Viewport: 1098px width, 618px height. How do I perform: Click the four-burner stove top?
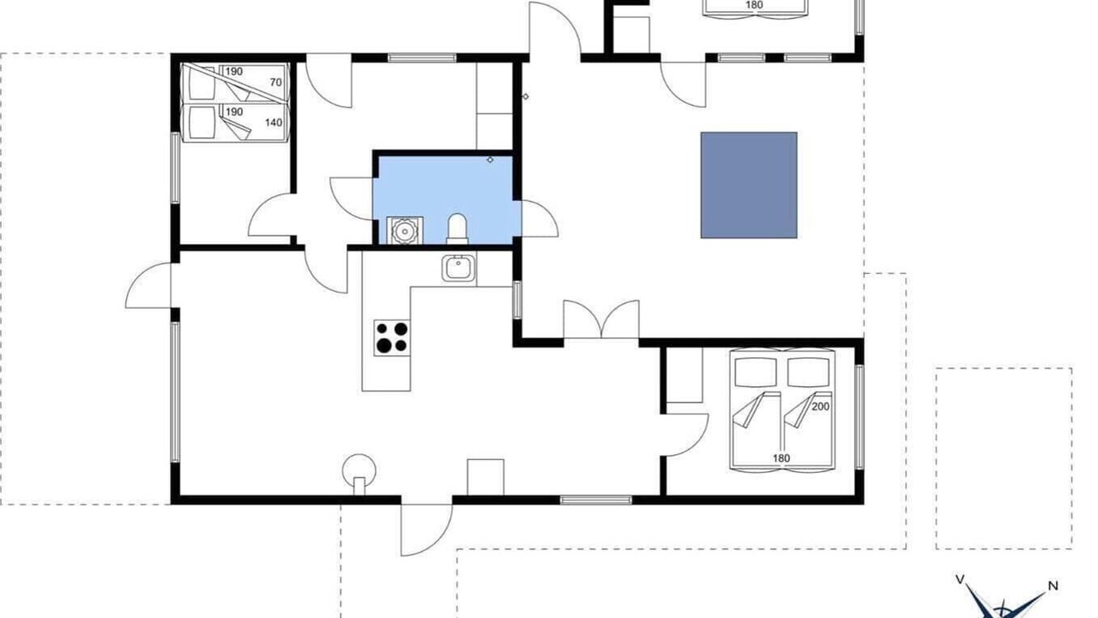[392, 337]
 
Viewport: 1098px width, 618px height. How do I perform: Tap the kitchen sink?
[458, 268]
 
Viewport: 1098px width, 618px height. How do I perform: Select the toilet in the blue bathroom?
[457, 228]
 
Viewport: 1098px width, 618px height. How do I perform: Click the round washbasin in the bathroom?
[405, 230]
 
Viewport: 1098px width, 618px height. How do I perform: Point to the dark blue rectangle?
[749, 185]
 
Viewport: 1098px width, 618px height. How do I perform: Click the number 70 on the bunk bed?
[276, 82]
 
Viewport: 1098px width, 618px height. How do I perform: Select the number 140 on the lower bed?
[274, 122]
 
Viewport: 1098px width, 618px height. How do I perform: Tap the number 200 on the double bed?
[821, 406]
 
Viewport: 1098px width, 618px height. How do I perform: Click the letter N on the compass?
[1053, 585]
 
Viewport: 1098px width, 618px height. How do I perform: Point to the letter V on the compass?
[960, 579]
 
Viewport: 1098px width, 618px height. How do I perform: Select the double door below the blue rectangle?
[601, 319]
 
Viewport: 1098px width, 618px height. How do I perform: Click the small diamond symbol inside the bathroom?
[490, 160]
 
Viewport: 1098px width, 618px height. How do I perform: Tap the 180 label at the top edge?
[754, 5]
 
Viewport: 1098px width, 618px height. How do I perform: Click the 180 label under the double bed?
[781, 458]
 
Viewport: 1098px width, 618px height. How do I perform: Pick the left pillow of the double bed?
[756, 373]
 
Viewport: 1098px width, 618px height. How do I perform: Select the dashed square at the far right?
[1004, 458]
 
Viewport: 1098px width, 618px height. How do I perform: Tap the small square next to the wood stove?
[486, 477]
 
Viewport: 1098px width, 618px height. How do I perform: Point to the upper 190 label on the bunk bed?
[234, 71]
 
